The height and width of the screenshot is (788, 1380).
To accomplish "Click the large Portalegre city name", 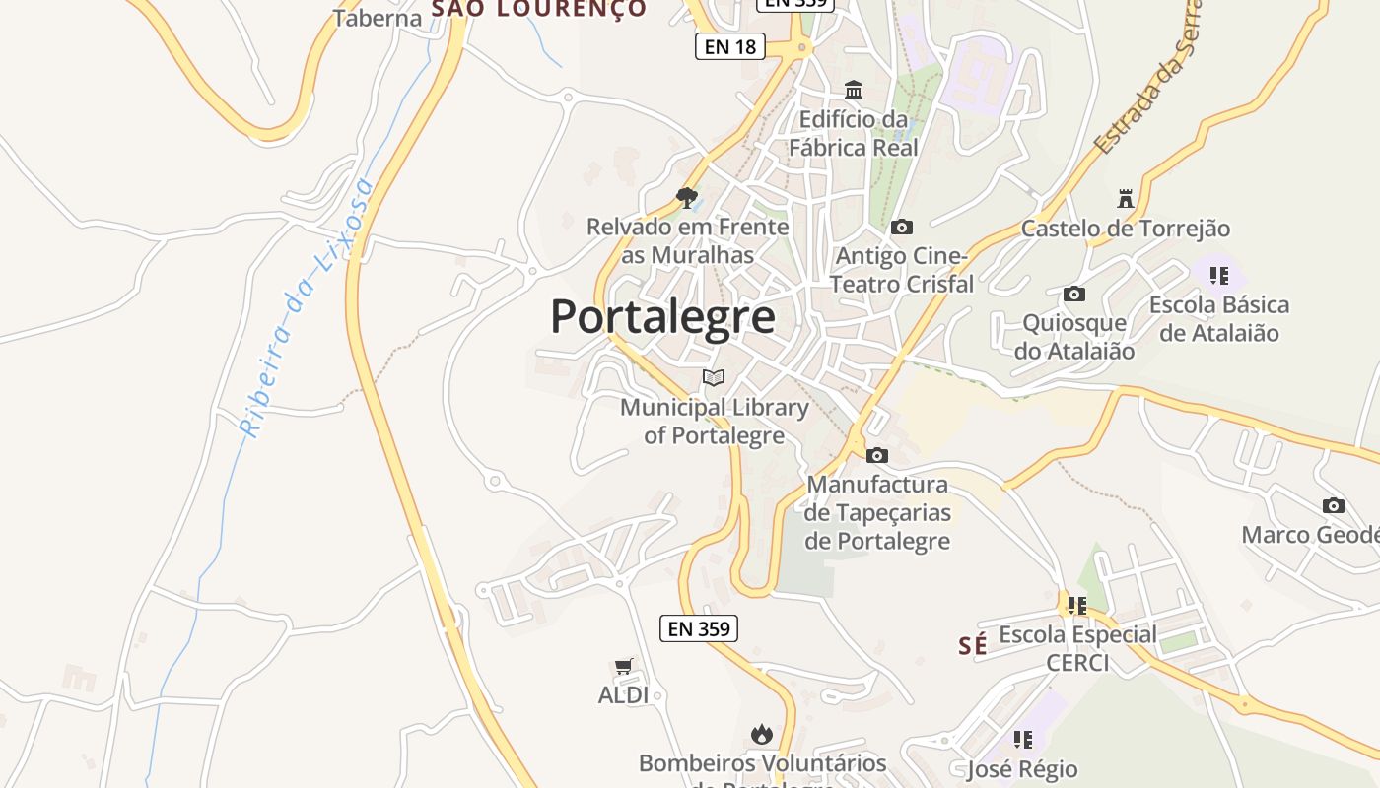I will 662,317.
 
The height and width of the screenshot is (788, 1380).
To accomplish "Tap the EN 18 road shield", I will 730,46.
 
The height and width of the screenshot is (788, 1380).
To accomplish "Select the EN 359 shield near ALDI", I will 698,628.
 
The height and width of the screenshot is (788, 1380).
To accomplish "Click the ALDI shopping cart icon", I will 623,667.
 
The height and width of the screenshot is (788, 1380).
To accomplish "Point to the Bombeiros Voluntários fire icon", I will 761,734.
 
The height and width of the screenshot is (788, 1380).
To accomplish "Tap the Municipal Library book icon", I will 714,377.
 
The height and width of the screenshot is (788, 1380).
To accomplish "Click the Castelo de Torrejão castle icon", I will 1126,198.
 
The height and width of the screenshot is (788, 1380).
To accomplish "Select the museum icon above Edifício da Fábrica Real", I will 854,91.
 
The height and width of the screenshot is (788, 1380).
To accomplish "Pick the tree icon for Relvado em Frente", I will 687,198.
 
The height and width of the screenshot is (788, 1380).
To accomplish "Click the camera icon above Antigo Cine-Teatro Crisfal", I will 901,228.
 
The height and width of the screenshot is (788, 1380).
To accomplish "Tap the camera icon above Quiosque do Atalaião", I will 1074,295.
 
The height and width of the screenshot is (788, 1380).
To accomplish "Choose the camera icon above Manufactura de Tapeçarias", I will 876,455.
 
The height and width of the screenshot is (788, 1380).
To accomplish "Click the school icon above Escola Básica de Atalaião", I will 1219,276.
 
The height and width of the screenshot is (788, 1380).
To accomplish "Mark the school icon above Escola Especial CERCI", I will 1076,605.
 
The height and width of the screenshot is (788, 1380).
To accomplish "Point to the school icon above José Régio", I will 1022,739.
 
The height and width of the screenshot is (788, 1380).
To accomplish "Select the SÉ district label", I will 972,646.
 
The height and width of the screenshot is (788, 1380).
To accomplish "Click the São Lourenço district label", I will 539,10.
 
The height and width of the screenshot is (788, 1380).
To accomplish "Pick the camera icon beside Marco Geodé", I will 1333,505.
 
